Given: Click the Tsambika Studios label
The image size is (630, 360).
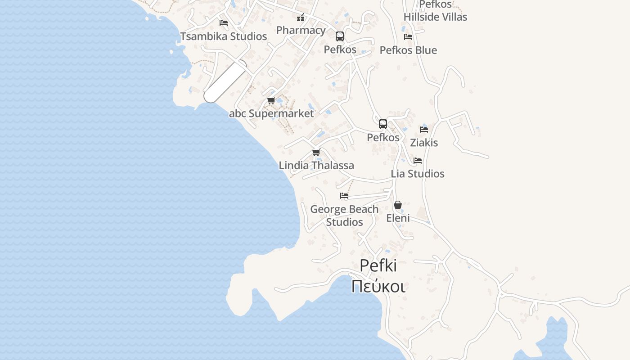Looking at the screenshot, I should pyautogui.click(x=223, y=36).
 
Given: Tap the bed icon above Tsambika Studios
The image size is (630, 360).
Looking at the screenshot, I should pyautogui.click(x=223, y=22).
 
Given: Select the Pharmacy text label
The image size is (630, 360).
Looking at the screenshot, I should pyautogui.click(x=301, y=30).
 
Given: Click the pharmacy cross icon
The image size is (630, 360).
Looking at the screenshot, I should pyautogui.click(x=300, y=18).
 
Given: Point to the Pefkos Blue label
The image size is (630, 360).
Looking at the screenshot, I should pyautogui.click(x=408, y=50).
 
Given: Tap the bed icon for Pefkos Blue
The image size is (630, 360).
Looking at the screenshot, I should pyautogui.click(x=408, y=37).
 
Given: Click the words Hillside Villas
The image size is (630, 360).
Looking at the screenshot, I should pyautogui.click(x=435, y=17).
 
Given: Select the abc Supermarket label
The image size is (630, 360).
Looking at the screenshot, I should pyautogui.click(x=271, y=113).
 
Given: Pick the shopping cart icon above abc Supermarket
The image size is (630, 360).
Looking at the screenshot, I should pyautogui.click(x=271, y=101).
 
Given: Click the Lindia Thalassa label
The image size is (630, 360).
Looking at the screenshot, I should pyautogui.click(x=316, y=165).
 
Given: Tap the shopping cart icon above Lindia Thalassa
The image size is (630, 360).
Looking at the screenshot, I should pyautogui.click(x=316, y=153).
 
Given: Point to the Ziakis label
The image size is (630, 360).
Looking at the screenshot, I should pyautogui.click(x=424, y=143).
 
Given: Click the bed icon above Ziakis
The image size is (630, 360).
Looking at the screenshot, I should pyautogui.click(x=424, y=130).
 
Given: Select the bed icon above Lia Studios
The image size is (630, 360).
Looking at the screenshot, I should pyautogui.click(x=418, y=161).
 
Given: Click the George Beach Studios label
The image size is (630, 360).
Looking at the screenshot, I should pyautogui.click(x=344, y=216).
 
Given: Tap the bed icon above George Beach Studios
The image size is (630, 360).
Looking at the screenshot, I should pyautogui.click(x=344, y=196).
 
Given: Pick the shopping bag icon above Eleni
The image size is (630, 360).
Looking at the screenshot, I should pyautogui.click(x=398, y=205).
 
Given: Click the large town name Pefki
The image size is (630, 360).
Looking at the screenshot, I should pyautogui.click(x=378, y=265).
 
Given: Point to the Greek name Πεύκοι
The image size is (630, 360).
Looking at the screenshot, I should pyautogui.click(x=378, y=286).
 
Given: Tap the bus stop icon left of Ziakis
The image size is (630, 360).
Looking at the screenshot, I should pyautogui.click(x=383, y=124).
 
